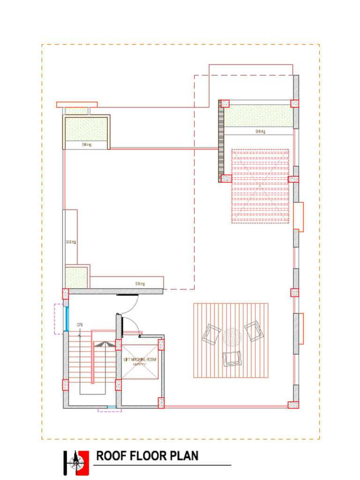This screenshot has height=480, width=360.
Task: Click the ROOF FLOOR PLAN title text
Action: pyautogui.click(x=147, y=456)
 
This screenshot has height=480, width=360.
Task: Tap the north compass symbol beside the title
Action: pyautogui.click(x=76, y=463)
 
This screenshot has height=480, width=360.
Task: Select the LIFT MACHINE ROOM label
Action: pyautogui.click(x=140, y=360)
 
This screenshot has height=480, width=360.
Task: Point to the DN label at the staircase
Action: pyautogui.click(x=80, y=324)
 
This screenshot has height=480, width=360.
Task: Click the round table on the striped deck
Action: pyautogui.click(x=232, y=337)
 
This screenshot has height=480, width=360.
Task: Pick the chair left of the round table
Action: pyautogui.click(x=211, y=335)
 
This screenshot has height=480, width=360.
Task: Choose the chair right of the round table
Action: pyautogui.click(x=254, y=331)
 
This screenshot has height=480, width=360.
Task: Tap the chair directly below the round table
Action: pyautogui.click(x=232, y=358)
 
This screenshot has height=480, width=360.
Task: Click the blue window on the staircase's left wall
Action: pyautogui.click(x=67, y=319)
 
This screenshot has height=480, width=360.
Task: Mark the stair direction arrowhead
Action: pyautogui.click(x=105, y=344)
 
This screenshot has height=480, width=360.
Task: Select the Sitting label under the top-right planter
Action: pyautogui.click(x=260, y=132)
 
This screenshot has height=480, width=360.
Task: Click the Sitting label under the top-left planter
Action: pyautogui.click(x=87, y=145)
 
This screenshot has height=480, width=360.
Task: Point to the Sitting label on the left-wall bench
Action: pyautogui.click(x=71, y=242)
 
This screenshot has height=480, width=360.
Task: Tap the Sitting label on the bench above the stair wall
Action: pyautogui.click(x=140, y=284)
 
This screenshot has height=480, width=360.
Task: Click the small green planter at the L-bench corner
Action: pyautogui.click(x=76, y=277)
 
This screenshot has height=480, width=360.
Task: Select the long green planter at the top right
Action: pyautogui.click(x=258, y=116)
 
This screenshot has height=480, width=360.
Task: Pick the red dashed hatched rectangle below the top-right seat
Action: pyautogui.click(x=260, y=186)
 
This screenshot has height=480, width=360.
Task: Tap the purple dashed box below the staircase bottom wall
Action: pyautogui.click(x=110, y=410)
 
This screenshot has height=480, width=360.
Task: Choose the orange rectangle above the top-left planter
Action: pyautogui.click(x=77, y=104)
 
